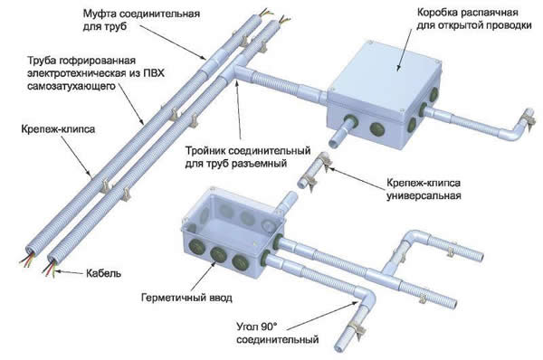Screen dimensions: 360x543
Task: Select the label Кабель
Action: pos(104,272)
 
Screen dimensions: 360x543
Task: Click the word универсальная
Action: pos(423,194)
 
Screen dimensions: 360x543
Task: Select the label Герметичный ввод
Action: pos(186,298)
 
